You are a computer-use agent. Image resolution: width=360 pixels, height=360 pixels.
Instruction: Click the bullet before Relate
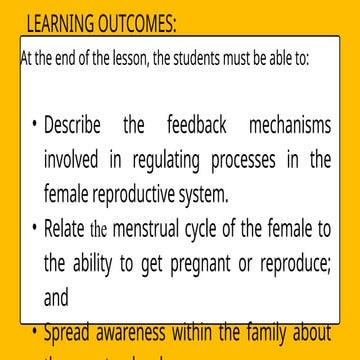[x=34, y=227]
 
